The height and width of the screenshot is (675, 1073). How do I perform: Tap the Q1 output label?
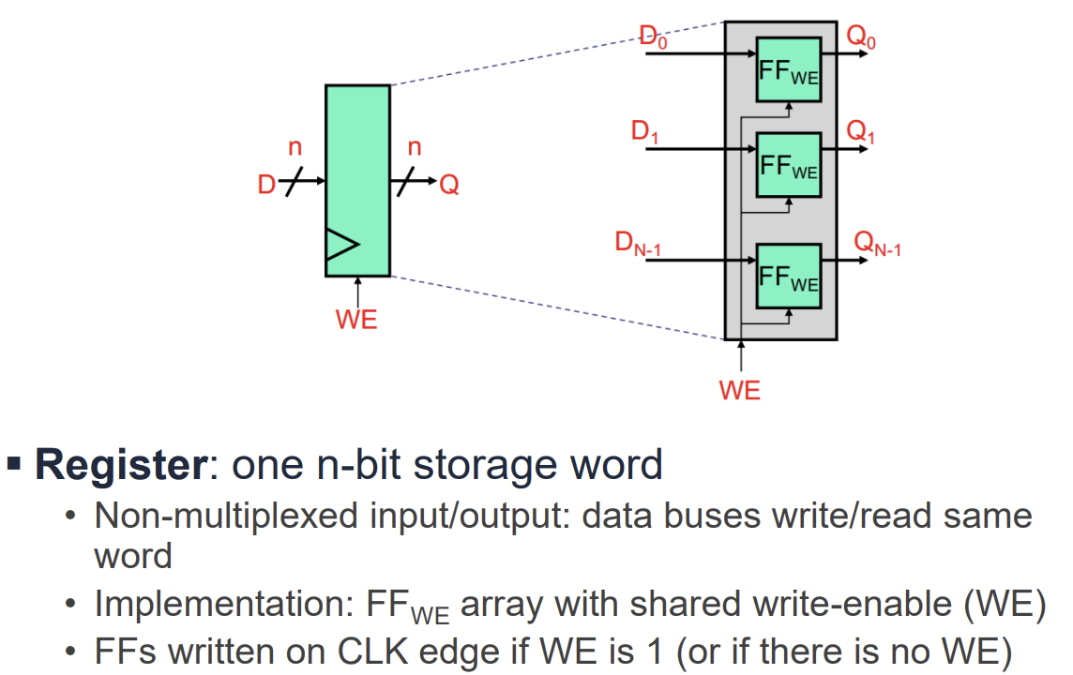coord(860,133)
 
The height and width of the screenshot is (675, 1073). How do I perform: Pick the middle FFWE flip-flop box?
coord(788,165)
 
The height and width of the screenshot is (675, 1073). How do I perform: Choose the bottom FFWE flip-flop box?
coord(788,277)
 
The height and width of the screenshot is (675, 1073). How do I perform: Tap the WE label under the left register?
coord(356,320)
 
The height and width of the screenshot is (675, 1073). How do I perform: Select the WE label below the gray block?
coord(740,391)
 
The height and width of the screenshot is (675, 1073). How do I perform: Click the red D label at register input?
coord(266,186)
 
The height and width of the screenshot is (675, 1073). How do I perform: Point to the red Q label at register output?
coord(449,186)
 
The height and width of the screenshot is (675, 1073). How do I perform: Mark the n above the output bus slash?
coord(414,146)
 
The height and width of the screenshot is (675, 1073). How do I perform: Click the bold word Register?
coord(119,465)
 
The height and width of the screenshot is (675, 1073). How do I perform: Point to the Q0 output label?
coord(860,37)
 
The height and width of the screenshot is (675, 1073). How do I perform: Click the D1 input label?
coord(644,132)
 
